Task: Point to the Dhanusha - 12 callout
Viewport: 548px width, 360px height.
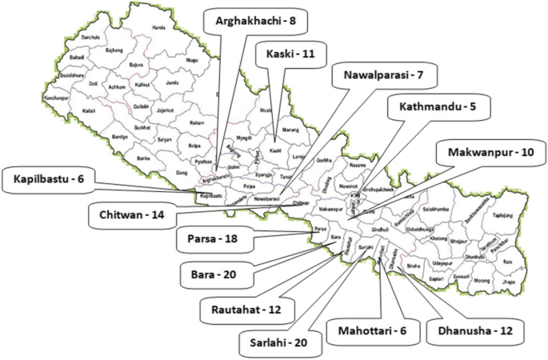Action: click(470, 329)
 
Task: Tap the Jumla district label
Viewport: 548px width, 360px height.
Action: click(171, 82)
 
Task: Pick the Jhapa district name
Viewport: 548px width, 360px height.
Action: click(509, 282)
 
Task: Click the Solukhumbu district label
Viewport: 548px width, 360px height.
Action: click(442, 209)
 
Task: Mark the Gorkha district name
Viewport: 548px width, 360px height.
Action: click(324, 161)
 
